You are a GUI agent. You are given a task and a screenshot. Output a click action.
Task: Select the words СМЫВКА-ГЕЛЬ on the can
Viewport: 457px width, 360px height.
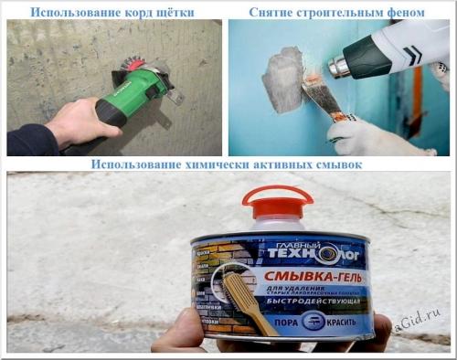pos(315,271)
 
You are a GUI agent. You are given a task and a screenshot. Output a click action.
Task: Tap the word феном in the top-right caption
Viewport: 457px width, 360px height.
pos(403,12)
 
